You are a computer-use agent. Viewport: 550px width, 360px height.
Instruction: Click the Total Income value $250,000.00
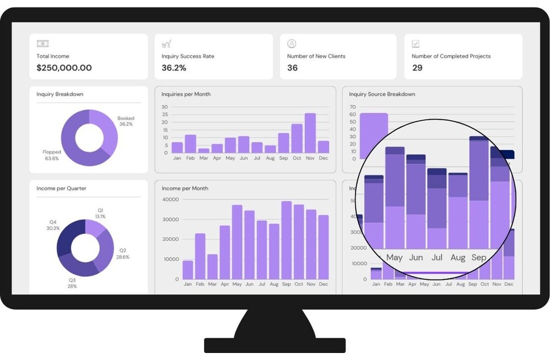click(x=64, y=68)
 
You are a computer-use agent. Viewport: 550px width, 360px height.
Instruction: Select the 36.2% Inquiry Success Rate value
click(x=173, y=68)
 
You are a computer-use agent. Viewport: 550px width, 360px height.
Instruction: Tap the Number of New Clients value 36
click(x=292, y=68)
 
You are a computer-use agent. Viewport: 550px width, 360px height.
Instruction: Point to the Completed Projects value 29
click(x=417, y=68)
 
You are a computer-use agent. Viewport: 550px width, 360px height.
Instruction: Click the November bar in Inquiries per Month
click(x=310, y=133)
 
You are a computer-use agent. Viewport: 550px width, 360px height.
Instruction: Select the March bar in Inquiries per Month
click(x=203, y=150)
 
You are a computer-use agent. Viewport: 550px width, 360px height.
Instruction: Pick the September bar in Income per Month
click(x=286, y=240)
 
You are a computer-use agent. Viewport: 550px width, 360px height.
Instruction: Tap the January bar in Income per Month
click(x=188, y=270)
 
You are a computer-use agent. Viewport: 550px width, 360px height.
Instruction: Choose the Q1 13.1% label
click(x=100, y=213)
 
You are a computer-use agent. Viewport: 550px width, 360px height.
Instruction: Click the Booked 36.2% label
click(x=126, y=121)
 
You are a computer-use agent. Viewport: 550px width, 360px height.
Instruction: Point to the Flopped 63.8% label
click(x=52, y=155)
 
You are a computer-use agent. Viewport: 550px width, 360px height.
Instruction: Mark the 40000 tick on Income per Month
click(x=170, y=199)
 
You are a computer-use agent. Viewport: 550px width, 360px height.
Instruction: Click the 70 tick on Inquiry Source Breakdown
click(x=352, y=107)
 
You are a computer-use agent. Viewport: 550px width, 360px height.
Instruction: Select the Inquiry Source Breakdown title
click(x=382, y=94)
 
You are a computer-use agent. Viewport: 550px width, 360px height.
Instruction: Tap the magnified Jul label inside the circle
click(x=437, y=258)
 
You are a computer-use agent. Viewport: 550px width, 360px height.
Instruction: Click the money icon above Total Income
click(x=42, y=44)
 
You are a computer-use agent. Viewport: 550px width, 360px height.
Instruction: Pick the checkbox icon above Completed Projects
click(x=415, y=44)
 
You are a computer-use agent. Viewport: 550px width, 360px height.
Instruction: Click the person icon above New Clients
click(x=292, y=44)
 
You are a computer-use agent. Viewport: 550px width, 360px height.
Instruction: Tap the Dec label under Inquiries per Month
click(x=323, y=158)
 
